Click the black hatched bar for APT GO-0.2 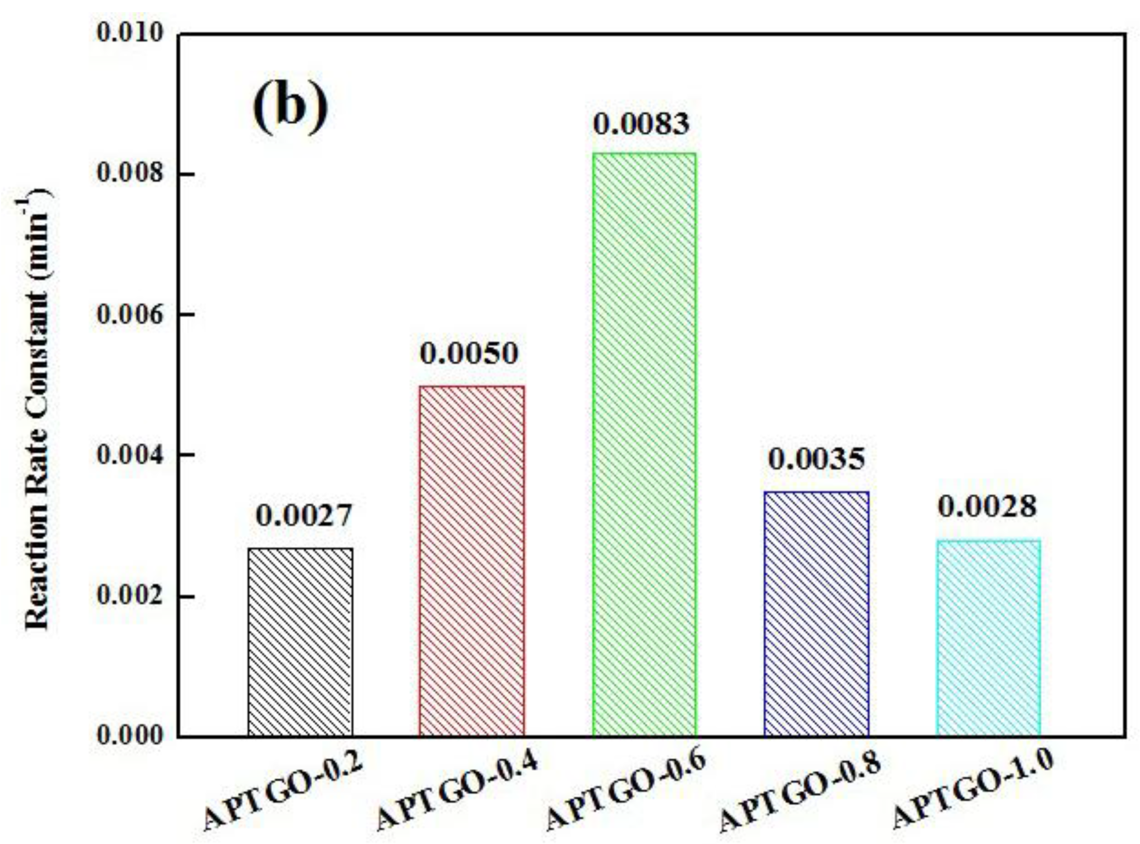[300, 642]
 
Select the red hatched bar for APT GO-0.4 [471, 561]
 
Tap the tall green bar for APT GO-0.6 [644, 444]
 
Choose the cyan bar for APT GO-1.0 [988, 638]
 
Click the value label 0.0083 [641, 124]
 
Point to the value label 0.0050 [469, 353]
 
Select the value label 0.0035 [816, 459]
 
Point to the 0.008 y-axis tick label [130, 174]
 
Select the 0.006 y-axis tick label [130, 314]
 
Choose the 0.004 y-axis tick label [130, 455]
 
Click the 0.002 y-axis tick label [130, 596]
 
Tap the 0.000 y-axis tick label [130, 736]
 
